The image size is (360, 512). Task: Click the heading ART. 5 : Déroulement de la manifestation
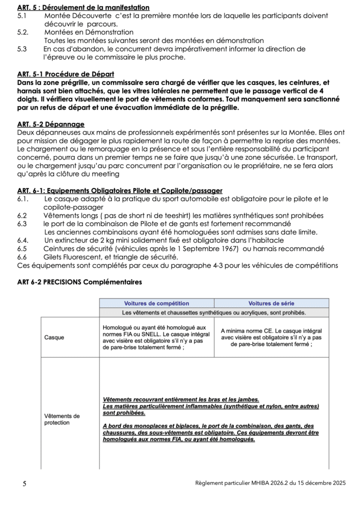pos(83,7)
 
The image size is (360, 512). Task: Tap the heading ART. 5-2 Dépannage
pos(50,124)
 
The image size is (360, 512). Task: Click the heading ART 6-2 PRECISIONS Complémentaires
pos(79,282)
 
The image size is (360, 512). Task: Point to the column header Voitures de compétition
pos(156,303)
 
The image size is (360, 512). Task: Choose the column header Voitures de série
pos(271,303)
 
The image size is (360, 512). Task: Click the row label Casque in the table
pos(54,337)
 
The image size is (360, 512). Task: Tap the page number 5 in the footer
pos(24,483)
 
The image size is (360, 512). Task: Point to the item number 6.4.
pos(22,240)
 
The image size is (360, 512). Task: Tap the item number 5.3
pos(22,49)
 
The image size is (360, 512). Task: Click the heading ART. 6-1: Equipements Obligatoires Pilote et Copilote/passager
pos(120,190)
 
